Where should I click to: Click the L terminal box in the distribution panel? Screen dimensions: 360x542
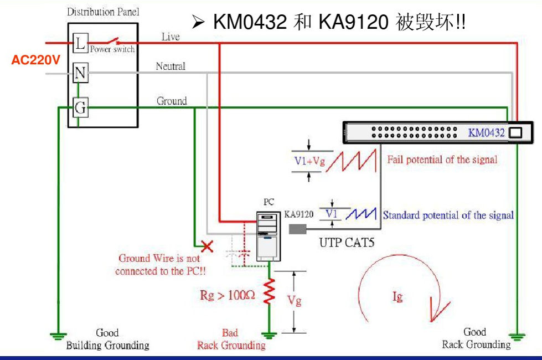[x=80, y=43]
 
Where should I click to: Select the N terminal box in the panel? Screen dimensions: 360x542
[x=80, y=73]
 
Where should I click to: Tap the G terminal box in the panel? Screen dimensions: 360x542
[x=80, y=107]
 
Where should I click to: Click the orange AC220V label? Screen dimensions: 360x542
[x=35, y=60]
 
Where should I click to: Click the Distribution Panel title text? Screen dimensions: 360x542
[x=103, y=12]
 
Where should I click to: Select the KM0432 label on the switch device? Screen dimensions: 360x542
[x=486, y=133]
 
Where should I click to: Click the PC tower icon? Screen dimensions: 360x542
[x=269, y=235]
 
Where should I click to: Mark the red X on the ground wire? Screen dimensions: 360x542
[x=208, y=245]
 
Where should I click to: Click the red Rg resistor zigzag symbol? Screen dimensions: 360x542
[x=270, y=292]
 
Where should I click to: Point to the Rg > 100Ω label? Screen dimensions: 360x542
[x=227, y=295]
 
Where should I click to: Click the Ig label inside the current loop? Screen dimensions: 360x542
[x=398, y=297]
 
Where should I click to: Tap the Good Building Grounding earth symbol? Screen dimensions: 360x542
[x=56, y=335]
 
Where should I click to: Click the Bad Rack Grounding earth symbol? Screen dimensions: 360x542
[x=270, y=335]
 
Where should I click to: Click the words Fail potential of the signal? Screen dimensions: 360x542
[x=442, y=160]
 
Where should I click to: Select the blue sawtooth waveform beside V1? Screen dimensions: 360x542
[x=360, y=214]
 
